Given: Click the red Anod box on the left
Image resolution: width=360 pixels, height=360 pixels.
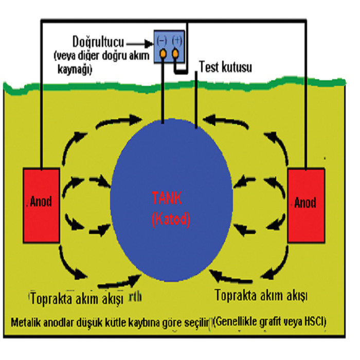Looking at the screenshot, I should pyautogui.click(x=42, y=205).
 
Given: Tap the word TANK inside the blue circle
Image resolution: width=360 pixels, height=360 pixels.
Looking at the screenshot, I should pyautogui.click(x=171, y=197).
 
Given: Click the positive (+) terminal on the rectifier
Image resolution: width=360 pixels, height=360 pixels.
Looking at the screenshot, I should pyautogui.click(x=176, y=53).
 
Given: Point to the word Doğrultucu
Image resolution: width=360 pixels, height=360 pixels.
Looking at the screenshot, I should pyautogui.click(x=96, y=41).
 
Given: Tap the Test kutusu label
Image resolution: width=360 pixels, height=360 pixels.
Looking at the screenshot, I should pyautogui.click(x=225, y=67).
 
